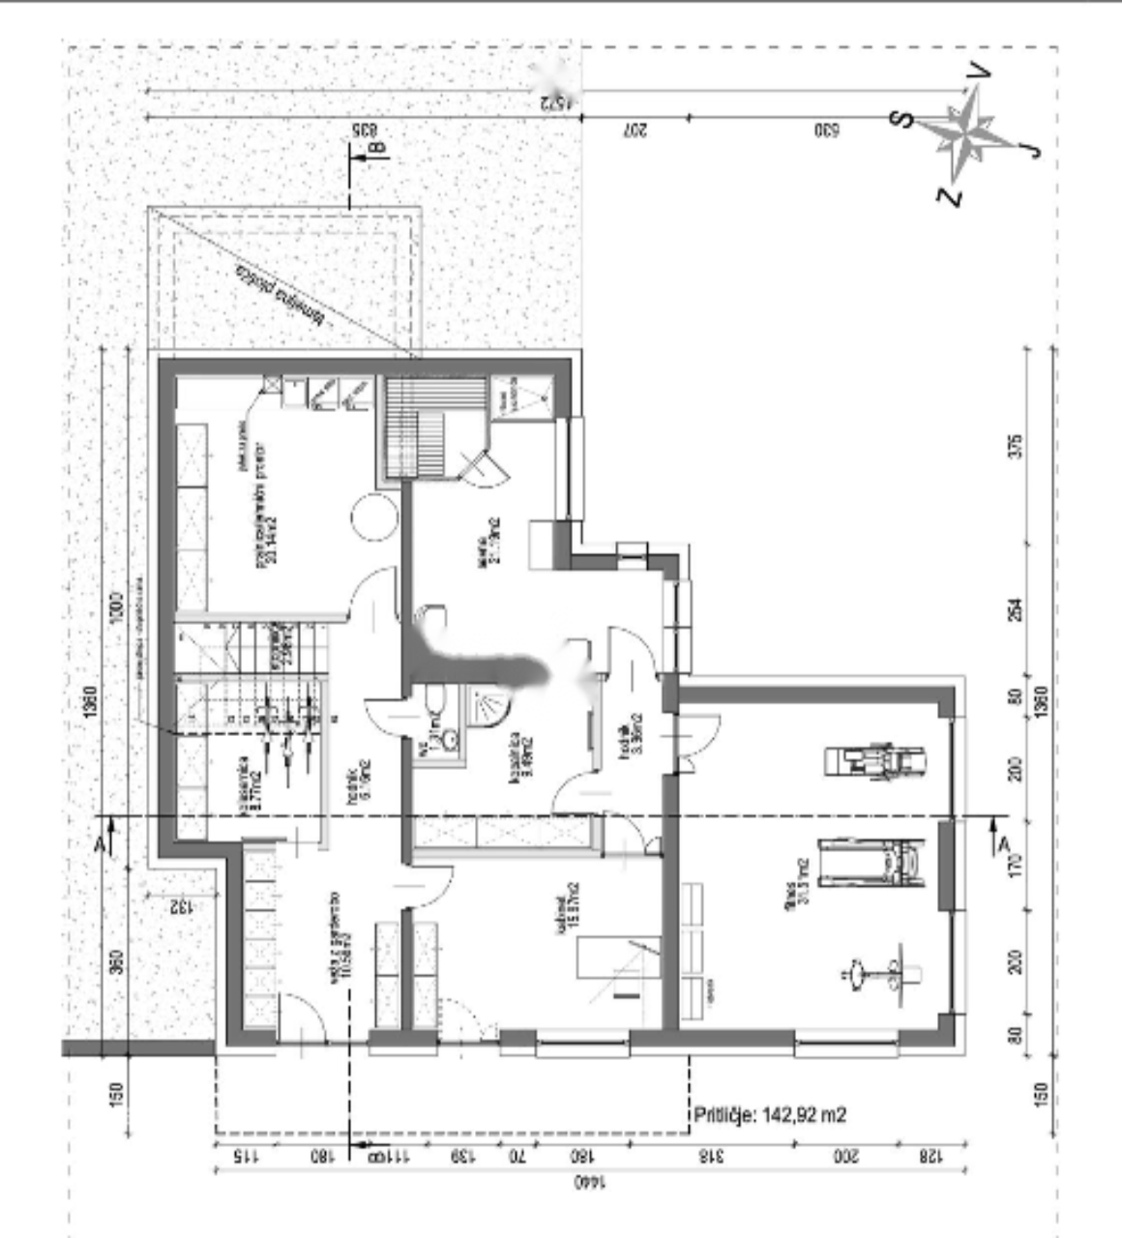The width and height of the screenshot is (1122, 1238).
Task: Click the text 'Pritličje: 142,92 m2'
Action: tap(770, 1114)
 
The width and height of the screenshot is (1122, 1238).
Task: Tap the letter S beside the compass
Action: tap(902, 118)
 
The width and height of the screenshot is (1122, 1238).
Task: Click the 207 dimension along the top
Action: tap(635, 130)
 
